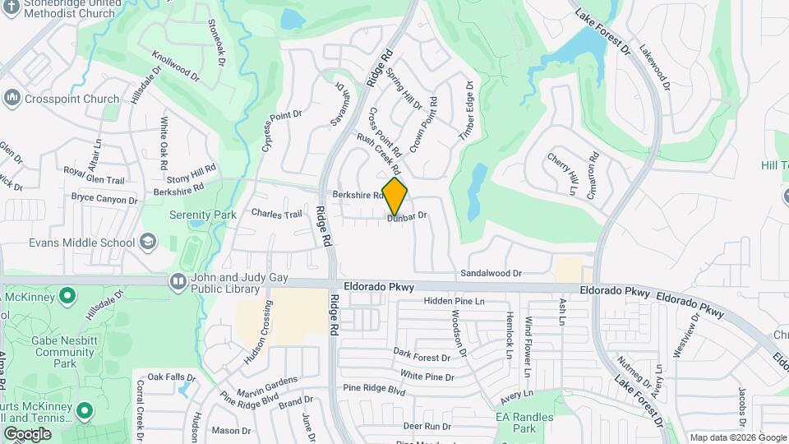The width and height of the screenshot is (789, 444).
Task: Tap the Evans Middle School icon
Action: click(147, 242)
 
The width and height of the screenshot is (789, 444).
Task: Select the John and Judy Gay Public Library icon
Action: click(178, 282)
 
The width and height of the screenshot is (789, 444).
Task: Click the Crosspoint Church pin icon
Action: click(12, 99)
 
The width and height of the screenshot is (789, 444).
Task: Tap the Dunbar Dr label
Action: click(408, 216)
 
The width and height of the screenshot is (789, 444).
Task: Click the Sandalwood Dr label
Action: click(491, 272)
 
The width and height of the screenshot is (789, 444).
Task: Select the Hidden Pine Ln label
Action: click(454, 302)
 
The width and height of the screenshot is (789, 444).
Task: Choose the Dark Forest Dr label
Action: click(422, 354)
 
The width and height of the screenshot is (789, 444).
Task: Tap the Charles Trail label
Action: click(277, 214)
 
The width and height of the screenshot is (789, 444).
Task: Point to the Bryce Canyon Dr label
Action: click(104, 199)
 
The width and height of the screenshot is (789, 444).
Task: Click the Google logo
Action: click(27, 433)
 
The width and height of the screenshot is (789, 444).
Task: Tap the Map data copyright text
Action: click(736, 437)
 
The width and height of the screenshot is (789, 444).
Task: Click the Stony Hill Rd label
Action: click(191, 175)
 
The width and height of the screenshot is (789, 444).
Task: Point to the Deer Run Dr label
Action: click(427, 426)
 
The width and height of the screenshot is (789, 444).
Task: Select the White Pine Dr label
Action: click(427, 377)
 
